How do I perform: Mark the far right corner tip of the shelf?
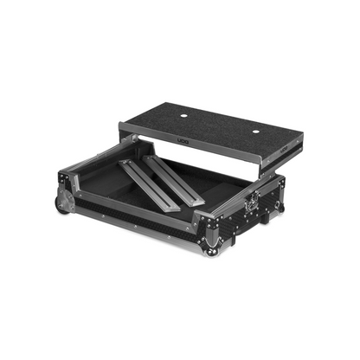click(303, 136)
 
